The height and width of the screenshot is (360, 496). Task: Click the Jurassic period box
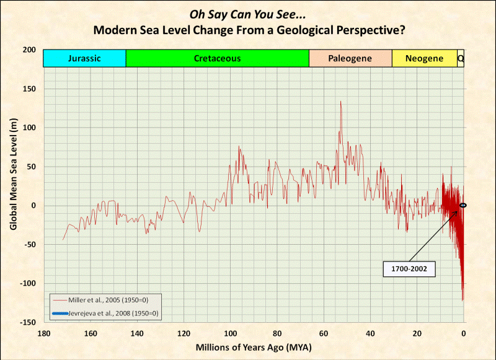pyautogui.click(x=84, y=59)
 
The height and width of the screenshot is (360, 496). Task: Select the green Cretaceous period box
pyautogui.click(x=217, y=59)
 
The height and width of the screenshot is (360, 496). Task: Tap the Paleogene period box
pyautogui.click(x=350, y=59)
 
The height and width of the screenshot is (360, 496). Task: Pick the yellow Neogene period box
pyautogui.click(x=424, y=59)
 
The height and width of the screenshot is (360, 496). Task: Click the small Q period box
pyautogui.click(x=461, y=59)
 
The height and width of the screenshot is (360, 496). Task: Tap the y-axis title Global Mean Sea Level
pyautogui.click(x=13, y=184)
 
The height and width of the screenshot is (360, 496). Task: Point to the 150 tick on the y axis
pyautogui.click(x=29, y=89)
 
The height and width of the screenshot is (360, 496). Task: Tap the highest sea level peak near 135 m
pyautogui.click(x=340, y=102)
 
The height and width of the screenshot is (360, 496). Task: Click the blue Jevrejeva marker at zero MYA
pyautogui.click(x=463, y=205)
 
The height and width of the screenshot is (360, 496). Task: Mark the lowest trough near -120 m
pyautogui.click(x=463, y=300)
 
